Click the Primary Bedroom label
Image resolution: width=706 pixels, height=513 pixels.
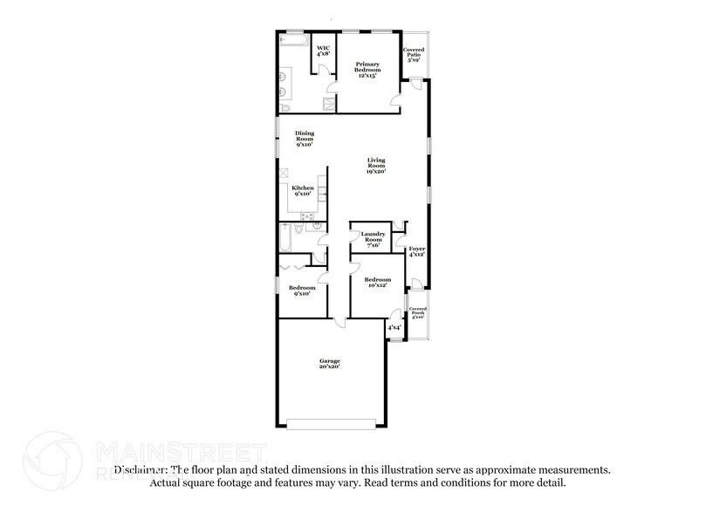coord(367,71)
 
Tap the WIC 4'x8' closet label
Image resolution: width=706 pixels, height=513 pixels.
coord(323,50)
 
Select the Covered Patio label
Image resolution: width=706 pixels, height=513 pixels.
coord(414,55)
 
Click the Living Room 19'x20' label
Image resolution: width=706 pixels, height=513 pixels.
coord(376,167)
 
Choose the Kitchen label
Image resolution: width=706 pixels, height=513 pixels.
coord(303,191)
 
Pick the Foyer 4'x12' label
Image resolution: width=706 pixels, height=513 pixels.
coord(417,251)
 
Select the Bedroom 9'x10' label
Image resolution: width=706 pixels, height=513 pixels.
coord(302,291)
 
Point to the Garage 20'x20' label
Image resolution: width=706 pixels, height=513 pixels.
coord(329,364)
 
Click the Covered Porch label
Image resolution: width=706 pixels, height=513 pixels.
coord(419,312)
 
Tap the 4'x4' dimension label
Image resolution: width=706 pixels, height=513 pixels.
coord(394,328)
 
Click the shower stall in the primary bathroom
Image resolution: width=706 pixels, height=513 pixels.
coord(329,105)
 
